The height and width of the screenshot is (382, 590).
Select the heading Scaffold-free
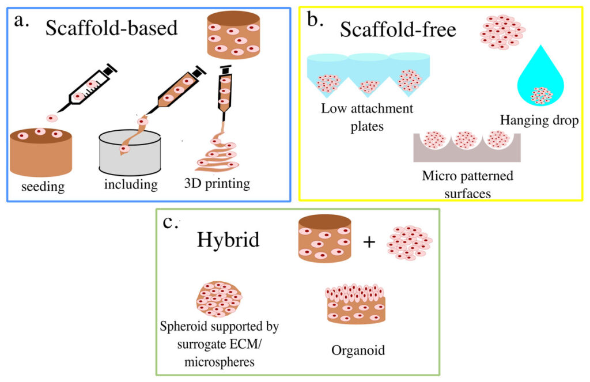pos(398,29)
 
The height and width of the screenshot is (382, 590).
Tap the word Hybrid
pos(228,239)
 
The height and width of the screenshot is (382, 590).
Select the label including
pos(131,186)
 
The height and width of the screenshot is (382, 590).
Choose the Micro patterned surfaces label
pos(467,184)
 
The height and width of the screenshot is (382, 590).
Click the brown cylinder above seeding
pos(41,153)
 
